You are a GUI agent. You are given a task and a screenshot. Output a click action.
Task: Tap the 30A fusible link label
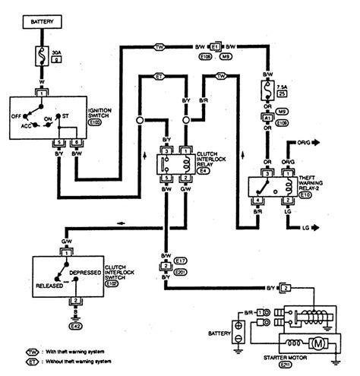pyautogui.click(x=55, y=54)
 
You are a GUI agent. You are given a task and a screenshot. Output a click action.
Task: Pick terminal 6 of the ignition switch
pyautogui.click(x=75, y=142)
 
